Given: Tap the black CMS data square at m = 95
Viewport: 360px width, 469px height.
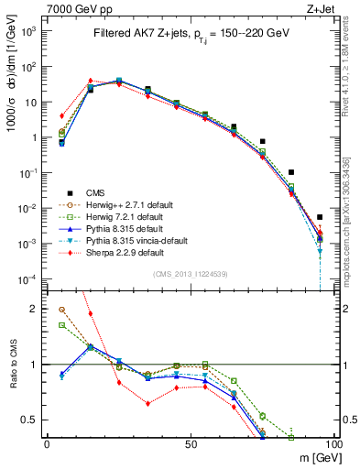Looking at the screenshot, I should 320,217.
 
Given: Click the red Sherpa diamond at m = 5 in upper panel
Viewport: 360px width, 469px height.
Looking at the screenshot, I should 61,116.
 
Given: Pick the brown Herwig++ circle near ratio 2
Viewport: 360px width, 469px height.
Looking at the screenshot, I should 61,310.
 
